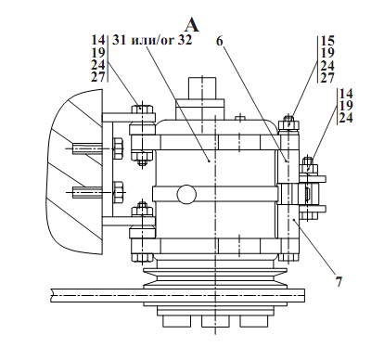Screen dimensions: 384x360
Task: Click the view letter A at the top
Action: pyautogui.click(x=192, y=25)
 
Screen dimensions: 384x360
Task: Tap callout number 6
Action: pyautogui.click(x=219, y=41)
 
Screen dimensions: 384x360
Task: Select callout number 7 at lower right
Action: pyautogui.click(x=339, y=282)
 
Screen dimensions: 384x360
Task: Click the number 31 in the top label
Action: pyautogui.click(x=120, y=40)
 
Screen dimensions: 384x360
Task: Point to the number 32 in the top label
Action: pyautogui.click(x=185, y=40)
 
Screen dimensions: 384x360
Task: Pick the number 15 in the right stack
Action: pyautogui.click(x=327, y=41)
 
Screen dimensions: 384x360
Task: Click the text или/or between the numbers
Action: pyautogui.click(x=152, y=40)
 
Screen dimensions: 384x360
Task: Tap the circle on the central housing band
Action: pyautogui.click(x=186, y=194)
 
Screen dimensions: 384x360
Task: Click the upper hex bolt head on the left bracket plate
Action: pyautogui.click(x=118, y=148)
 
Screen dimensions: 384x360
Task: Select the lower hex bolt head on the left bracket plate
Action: pyautogui.click(x=118, y=192)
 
